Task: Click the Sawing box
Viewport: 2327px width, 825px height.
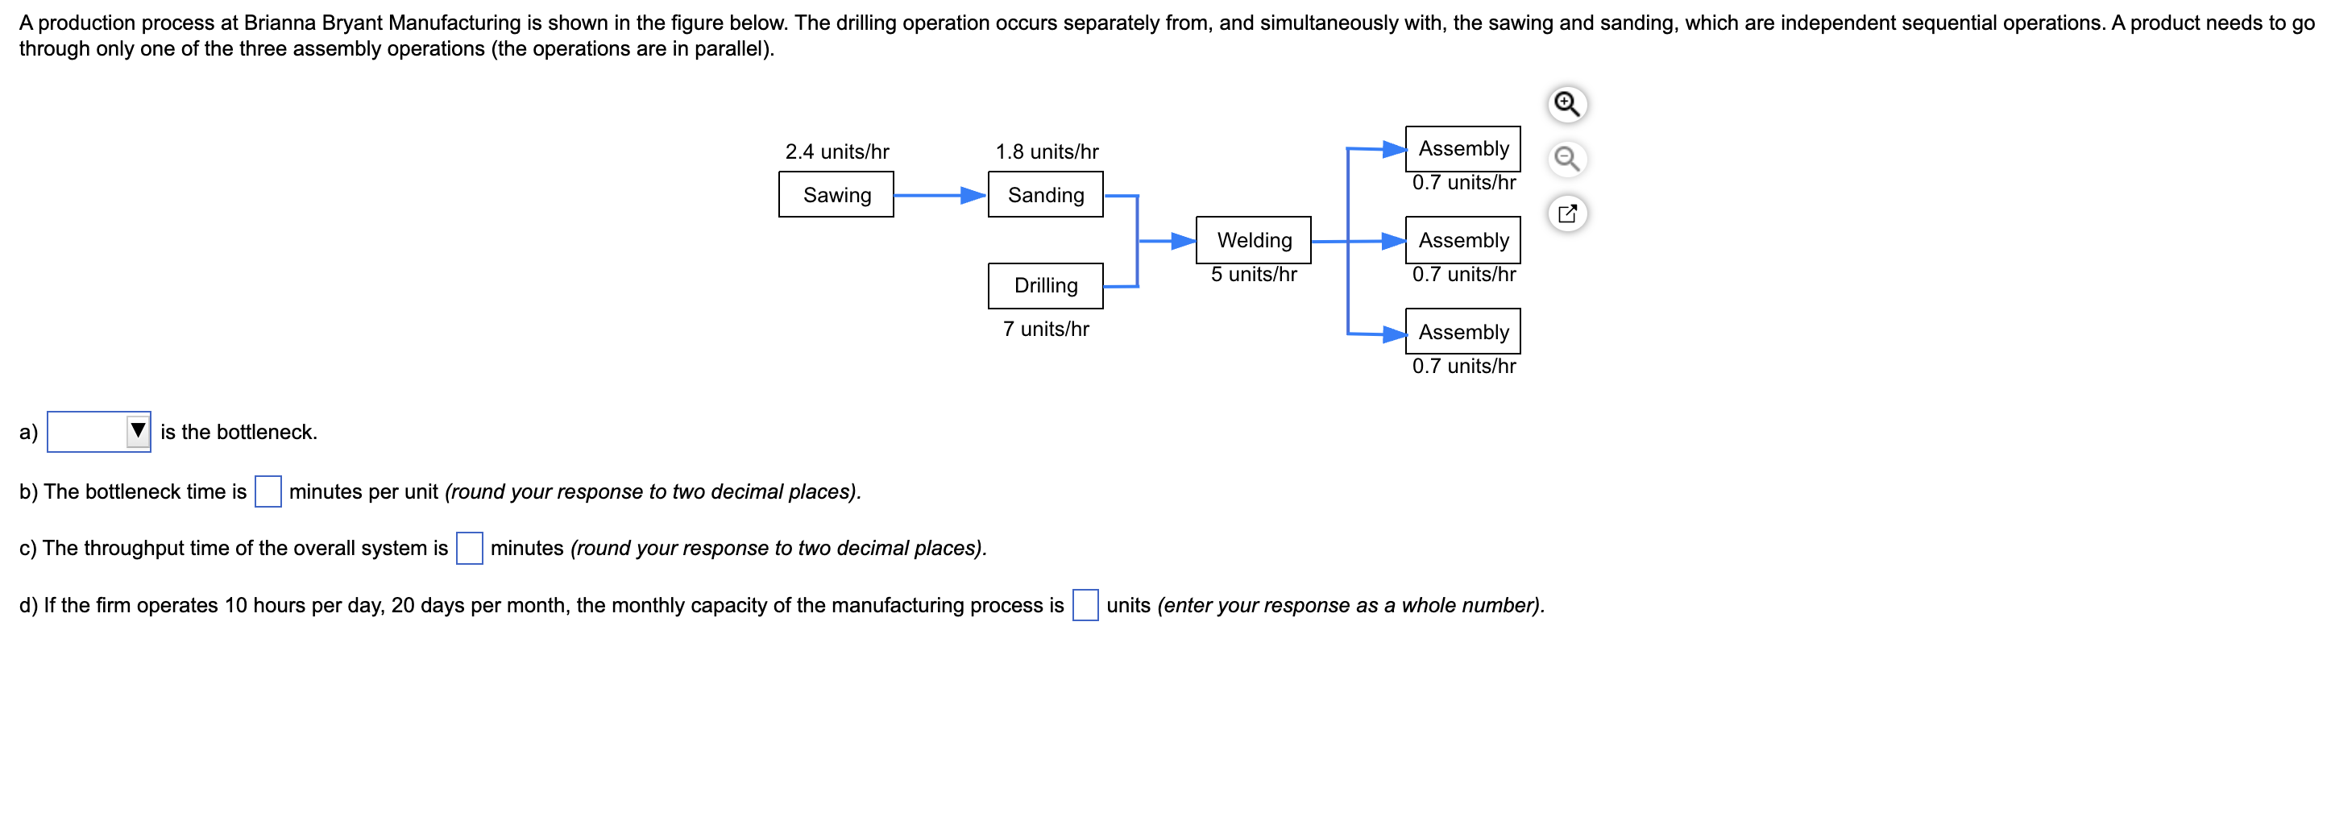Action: pyautogui.click(x=836, y=194)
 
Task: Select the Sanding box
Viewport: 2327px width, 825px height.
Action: pyautogui.click(x=1045, y=194)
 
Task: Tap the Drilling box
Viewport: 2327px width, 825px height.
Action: pyautogui.click(x=1045, y=285)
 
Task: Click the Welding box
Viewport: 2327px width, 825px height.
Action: pyautogui.click(x=1253, y=239)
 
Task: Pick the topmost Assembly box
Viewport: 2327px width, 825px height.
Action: pyautogui.click(x=1462, y=148)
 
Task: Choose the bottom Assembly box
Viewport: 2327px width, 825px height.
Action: pyautogui.click(x=1462, y=332)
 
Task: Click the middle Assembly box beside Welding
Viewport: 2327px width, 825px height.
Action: pyautogui.click(x=1462, y=239)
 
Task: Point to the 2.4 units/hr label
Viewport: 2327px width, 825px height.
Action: pyautogui.click(x=836, y=151)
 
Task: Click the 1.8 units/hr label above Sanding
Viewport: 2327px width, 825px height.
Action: pyautogui.click(x=1046, y=151)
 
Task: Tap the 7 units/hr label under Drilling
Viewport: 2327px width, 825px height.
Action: pyautogui.click(x=1045, y=329)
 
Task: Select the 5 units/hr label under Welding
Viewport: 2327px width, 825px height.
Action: pyautogui.click(x=1253, y=274)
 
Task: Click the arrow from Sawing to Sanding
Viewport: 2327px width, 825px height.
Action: pyautogui.click(x=940, y=195)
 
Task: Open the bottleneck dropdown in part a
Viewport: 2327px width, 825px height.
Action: pyautogui.click(x=99, y=431)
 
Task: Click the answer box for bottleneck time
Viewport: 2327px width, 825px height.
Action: pyautogui.click(x=268, y=491)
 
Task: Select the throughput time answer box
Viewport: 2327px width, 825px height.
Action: pyautogui.click(x=469, y=549)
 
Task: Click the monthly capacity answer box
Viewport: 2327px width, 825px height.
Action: pyautogui.click(x=1085, y=605)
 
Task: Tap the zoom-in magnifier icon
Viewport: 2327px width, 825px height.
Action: pyautogui.click(x=1566, y=104)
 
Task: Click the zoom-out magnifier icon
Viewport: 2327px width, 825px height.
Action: pyautogui.click(x=1566, y=159)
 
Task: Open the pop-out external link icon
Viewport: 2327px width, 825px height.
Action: pyautogui.click(x=1566, y=214)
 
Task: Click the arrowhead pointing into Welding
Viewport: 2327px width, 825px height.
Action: pyautogui.click(x=1184, y=240)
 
